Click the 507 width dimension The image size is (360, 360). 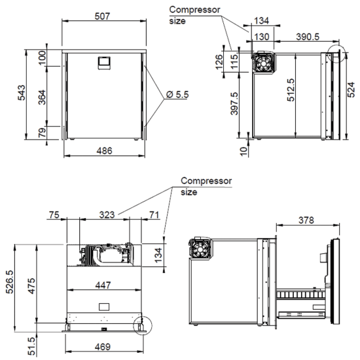[x=102, y=16]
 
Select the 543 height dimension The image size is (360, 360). [x=22, y=93]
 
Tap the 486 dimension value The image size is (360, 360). [x=105, y=151]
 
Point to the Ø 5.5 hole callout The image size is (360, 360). [x=177, y=94]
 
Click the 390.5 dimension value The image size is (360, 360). [x=308, y=37]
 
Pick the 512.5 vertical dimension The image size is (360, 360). [x=291, y=90]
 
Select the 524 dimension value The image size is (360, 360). [x=351, y=90]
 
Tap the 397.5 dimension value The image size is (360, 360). [x=234, y=103]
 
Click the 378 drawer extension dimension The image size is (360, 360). [x=306, y=220]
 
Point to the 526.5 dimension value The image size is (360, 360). [x=10, y=282]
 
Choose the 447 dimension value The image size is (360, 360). [x=103, y=285]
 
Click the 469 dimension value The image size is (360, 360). [x=103, y=347]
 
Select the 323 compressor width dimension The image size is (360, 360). [x=107, y=215]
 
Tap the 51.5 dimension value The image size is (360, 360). [x=32, y=346]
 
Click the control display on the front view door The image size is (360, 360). [x=105, y=63]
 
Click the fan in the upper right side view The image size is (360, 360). [x=263, y=63]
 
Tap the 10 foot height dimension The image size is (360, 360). [x=243, y=151]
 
